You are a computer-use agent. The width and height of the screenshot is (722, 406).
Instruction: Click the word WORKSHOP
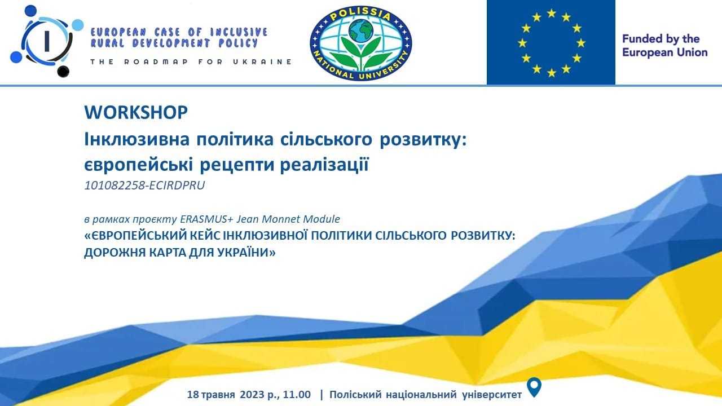[136, 112]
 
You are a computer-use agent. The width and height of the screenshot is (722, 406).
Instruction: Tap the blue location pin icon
[534, 387]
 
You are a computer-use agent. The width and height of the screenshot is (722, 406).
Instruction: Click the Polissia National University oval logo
[360, 43]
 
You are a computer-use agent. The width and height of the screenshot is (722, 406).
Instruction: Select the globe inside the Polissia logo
[360, 30]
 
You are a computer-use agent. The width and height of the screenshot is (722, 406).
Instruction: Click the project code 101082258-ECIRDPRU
[144, 186]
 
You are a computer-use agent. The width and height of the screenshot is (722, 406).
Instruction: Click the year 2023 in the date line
[252, 394]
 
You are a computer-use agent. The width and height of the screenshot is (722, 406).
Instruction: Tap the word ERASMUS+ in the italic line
[206, 219]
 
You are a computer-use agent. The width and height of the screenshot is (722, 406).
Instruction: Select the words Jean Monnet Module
[288, 219]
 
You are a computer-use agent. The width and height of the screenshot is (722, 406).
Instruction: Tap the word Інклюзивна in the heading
[137, 139]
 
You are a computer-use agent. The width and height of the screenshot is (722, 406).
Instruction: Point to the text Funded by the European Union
[664, 46]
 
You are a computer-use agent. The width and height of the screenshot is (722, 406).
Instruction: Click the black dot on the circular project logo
[63, 71]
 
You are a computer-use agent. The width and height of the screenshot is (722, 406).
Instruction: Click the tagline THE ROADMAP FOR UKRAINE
[191, 62]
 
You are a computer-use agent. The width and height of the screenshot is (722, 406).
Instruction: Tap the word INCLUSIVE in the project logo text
[239, 32]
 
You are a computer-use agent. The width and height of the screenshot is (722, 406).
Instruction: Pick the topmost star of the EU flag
[552, 14]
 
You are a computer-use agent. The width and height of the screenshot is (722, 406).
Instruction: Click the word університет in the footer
[492, 394]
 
